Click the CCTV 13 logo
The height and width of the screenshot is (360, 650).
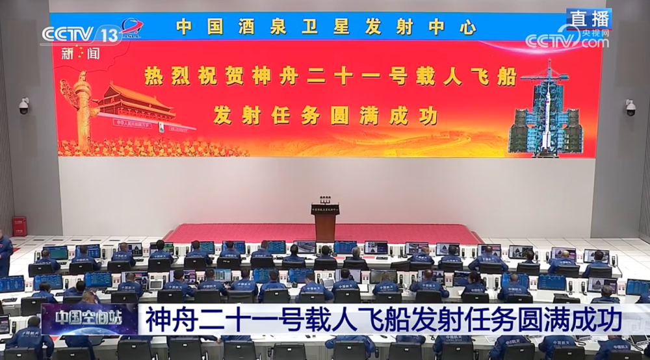81,34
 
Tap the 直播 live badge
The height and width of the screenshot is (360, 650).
588,19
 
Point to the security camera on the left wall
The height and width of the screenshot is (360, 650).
23,106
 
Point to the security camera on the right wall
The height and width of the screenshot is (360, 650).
629,108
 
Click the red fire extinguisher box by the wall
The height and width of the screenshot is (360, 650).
19,226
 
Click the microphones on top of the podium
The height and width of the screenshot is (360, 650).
326,198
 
